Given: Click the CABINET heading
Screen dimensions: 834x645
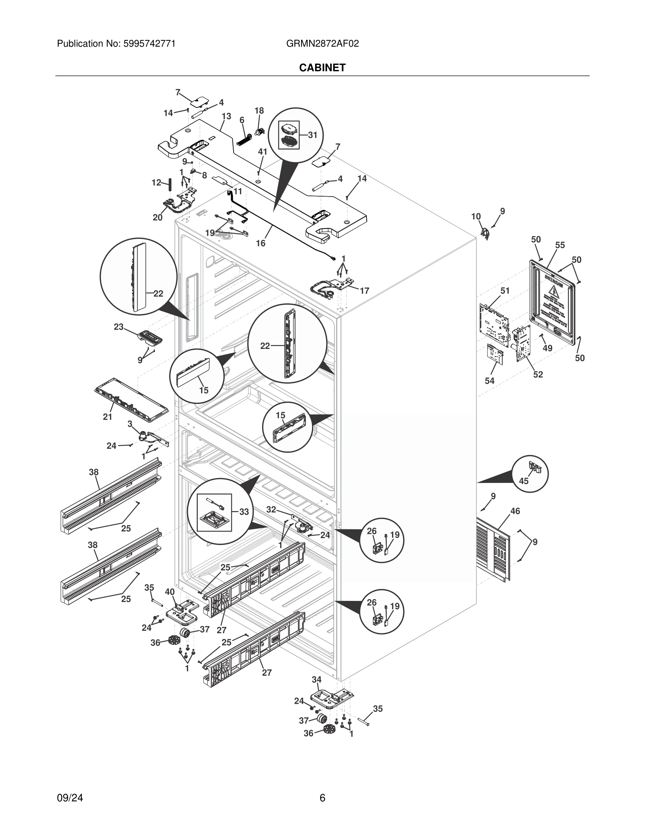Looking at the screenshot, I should (x=322, y=68).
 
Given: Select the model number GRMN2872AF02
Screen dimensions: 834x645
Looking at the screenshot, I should (x=322, y=44).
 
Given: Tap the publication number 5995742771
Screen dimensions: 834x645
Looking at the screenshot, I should (x=149, y=44).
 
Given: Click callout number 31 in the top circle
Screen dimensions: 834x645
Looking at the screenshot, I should (x=313, y=135).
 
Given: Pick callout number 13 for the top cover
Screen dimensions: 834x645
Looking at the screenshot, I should (x=226, y=117).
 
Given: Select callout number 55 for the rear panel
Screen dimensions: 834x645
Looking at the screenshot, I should (x=560, y=245).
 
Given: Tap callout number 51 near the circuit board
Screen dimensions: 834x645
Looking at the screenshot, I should (x=505, y=291).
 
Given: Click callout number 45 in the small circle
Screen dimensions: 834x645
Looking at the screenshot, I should (x=523, y=481).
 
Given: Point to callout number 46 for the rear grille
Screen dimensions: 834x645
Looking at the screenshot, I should (x=515, y=511).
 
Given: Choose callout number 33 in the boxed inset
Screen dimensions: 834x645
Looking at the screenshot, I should (x=244, y=512).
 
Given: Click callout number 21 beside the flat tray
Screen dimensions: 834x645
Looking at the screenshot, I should (x=107, y=417).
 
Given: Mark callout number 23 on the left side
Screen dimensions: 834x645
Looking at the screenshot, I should (x=118, y=327).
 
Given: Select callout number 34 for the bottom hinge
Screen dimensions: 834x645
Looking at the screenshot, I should (x=317, y=679).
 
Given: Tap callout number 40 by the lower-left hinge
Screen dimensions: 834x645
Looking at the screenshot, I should (x=170, y=592).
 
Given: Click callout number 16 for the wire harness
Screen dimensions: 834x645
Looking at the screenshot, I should (x=261, y=243).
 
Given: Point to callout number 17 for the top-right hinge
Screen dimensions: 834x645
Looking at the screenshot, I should (x=365, y=291).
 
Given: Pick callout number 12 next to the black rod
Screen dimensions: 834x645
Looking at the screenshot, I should (x=156, y=183).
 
